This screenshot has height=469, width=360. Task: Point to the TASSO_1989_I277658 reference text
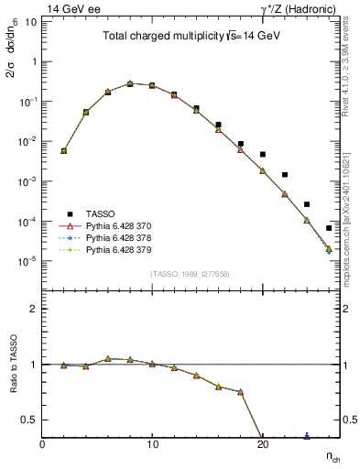coord(191,274)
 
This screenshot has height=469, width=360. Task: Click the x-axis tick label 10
coord(152,445)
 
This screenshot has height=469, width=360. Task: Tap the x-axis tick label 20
coord(262,445)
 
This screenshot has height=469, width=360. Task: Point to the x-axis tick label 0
coord(42,445)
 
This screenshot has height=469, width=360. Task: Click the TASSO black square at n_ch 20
coord(263,155)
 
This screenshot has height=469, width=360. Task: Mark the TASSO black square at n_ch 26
coord(329,228)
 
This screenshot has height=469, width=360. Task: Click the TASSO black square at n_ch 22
coord(285,174)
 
